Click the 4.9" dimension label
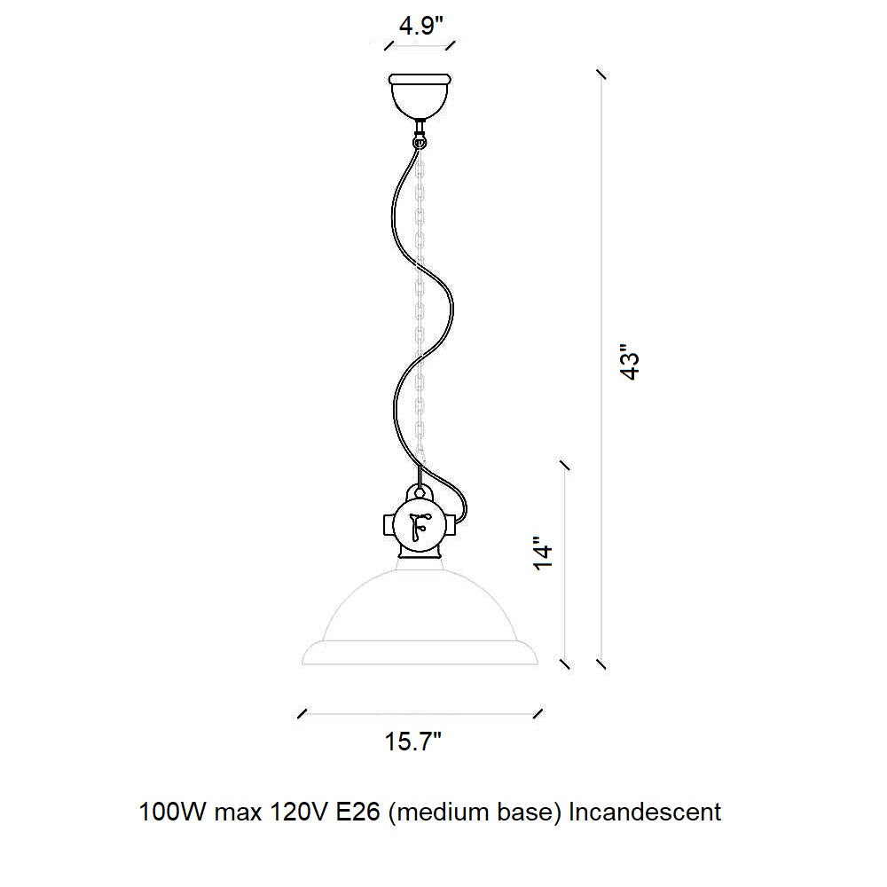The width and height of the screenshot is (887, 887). (x=420, y=26)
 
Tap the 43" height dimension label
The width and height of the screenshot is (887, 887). (x=630, y=362)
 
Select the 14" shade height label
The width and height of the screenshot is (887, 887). (x=543, y=553)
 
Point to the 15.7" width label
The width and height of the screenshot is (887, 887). (x=413, y=741)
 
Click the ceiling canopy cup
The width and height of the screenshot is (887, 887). (x=420, y=95)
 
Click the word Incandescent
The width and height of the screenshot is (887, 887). (x=644, y=812)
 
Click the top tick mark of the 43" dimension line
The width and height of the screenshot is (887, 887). (x=601, y=75)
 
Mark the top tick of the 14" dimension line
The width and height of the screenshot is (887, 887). (x=564, y=465)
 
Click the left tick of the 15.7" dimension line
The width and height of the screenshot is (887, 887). (x=302, y=713)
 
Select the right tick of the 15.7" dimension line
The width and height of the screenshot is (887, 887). (x=538, y=713)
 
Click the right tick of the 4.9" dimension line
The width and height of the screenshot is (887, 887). (x=451, y=45)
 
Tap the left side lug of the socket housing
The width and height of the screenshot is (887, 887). (x=389, y=525)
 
